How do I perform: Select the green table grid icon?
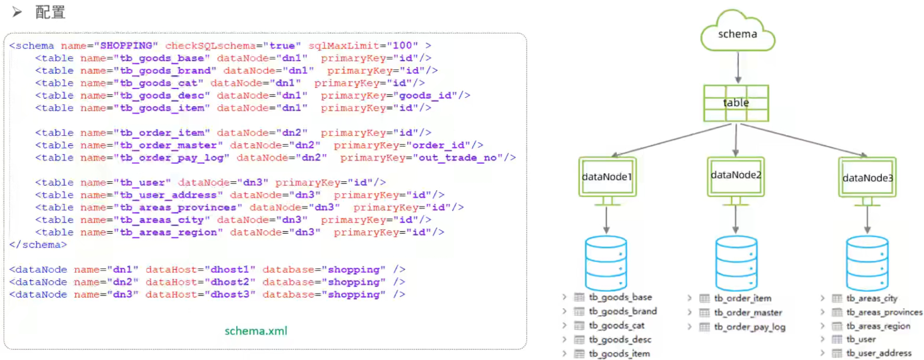tap(736, 102)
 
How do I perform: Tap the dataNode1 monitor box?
tap(606, 176)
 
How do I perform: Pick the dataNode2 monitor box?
tap(736, 175)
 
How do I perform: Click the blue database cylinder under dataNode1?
tap(606, 263)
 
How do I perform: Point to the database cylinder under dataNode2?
tap(736, 263)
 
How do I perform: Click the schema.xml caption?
tap(256, 330)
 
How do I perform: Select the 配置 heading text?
tap(50, 12)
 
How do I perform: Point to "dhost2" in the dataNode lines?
tap(230, 282)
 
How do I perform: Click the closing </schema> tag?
tap(38, 244)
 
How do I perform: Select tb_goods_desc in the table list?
tap(620, 340)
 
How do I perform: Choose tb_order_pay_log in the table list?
tap(750, 327)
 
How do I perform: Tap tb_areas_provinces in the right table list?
tap(884, 312)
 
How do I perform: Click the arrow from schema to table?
tap(737, 68)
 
